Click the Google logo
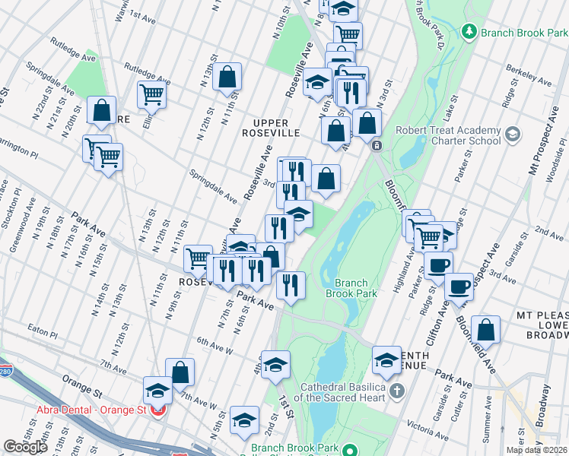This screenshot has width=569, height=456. (25, 447)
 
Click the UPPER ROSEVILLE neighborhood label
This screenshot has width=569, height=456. (281, 128)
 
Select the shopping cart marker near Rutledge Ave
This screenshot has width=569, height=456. (151, 94)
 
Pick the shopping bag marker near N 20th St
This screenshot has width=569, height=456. (101, 110)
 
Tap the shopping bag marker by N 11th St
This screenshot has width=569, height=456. (227, 76)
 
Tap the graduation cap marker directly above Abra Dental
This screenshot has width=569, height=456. (158, 391)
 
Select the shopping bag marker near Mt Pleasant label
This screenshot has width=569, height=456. (485, 330)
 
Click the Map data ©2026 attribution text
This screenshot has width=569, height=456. (536, 450)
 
